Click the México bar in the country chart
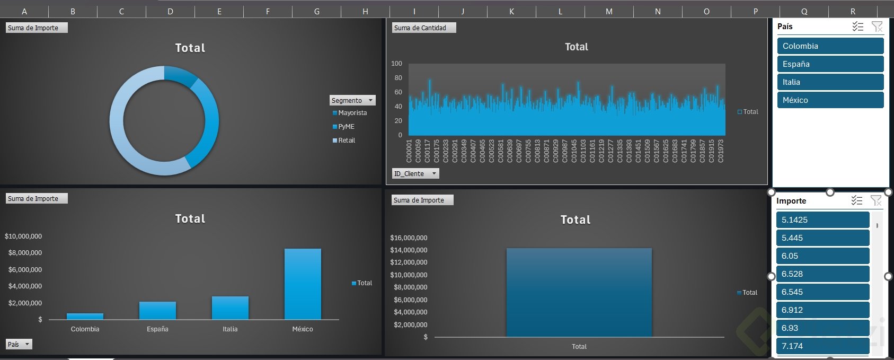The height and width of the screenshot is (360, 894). click(303, 284)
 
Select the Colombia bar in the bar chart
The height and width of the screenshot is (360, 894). click(85, 317)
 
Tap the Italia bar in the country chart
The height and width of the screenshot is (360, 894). click(230, 308)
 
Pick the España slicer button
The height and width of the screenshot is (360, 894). click(830, 64)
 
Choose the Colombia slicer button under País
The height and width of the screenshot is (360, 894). click(830, 46)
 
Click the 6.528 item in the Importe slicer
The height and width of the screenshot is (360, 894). click(822, 274)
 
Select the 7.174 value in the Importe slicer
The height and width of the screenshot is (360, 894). click(822, 346)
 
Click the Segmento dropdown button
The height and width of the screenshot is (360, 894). click(370, 100)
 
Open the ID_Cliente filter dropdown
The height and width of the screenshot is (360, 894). click(433, 173)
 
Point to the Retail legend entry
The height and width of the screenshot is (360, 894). click(347, 141)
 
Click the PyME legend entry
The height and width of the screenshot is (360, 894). click(346, 127)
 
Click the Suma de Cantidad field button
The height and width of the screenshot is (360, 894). click(423, 28)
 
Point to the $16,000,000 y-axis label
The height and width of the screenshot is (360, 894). click(409, 238)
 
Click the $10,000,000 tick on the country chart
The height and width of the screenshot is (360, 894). click(23, 236)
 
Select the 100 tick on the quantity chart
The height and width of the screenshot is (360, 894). click(396, 64)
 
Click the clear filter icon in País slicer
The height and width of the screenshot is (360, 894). click(877, 27)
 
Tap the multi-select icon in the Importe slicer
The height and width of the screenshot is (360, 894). click(857, 200)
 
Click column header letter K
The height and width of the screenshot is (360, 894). click(511, 11)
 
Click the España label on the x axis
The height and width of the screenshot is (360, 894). click(157, 329)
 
